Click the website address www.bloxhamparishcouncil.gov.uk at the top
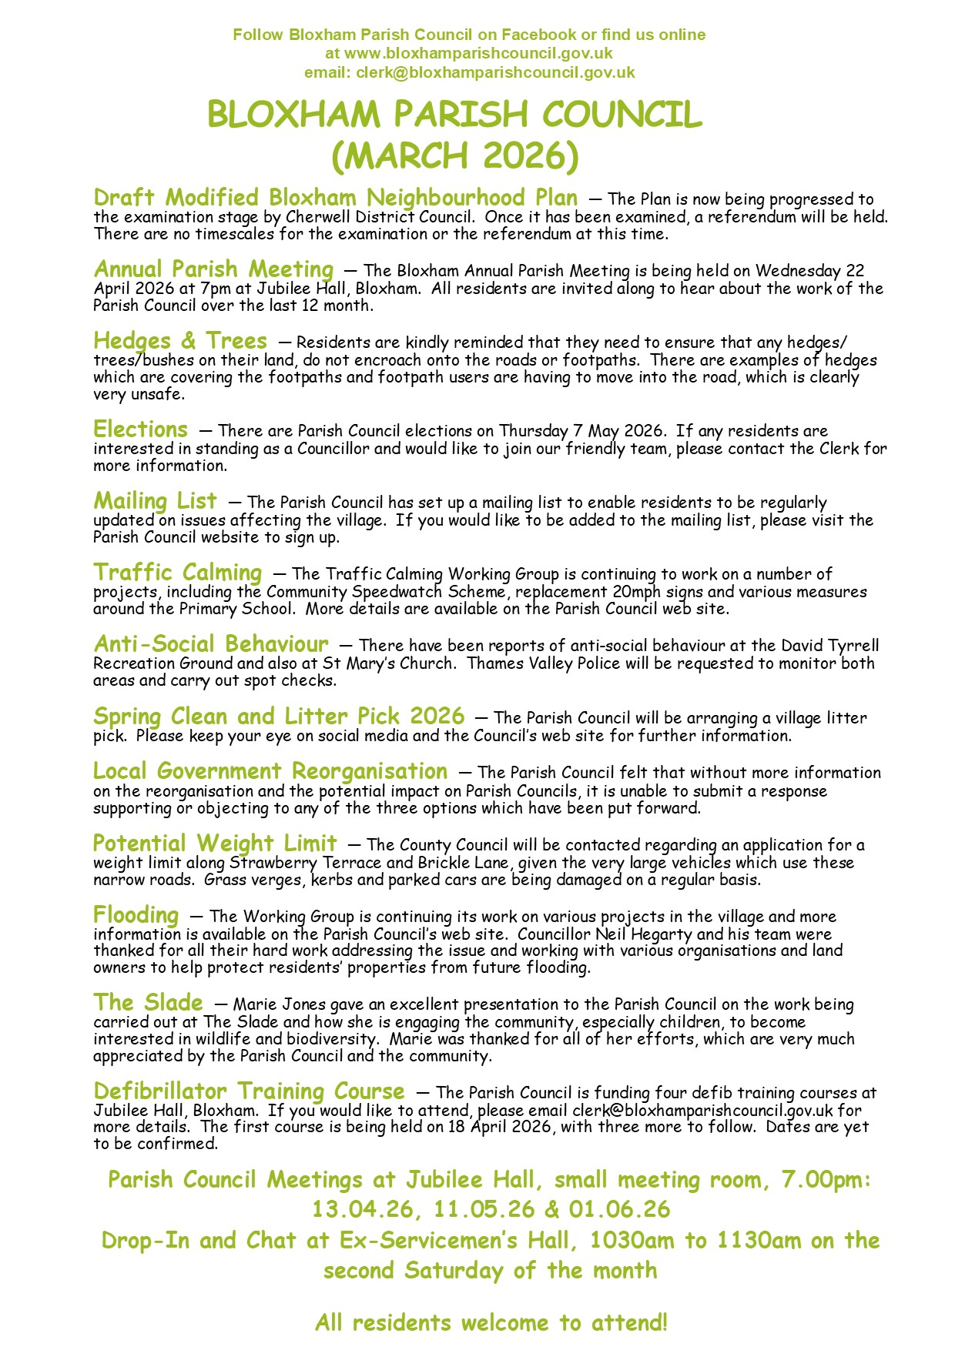(x=478, y=53)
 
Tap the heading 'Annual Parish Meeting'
(x=213, y=269)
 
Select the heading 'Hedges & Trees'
(x=180, y=341)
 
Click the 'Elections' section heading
(x=140, y=429)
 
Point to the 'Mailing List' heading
(x=155, y=501)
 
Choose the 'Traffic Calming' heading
(x=177, y=573)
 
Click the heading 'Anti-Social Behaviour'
(x=211, y=644)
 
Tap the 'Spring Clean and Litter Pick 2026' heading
(x=279, y=717)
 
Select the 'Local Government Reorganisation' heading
(x=270, y=771)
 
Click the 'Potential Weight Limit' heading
(x=215, y=844)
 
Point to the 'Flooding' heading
(x=136, y=915)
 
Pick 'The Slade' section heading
(x=148, y=1003)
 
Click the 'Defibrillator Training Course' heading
(x=249, y=1091)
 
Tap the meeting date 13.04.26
(x=363, y=1209)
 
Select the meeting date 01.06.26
(x=620, y=1209)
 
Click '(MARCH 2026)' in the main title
(x=454, y=155)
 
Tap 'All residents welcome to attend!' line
(x=491, y=1322)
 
